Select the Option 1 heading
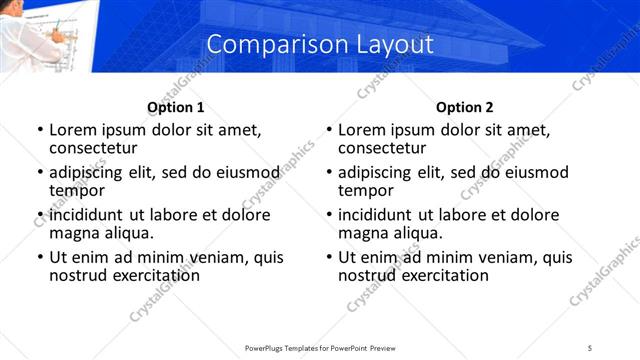point(175,108)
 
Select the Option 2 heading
point(464,108)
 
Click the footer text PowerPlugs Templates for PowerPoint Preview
point(320,347)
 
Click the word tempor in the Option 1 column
point(78,190)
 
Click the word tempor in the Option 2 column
point(367,190)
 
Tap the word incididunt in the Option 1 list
point(87,215)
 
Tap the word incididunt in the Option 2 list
point(376,215)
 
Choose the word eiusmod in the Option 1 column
point(240,172)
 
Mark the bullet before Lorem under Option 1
point(40,130)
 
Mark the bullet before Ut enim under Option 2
point(329,257)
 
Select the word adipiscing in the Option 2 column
point(376,172)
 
